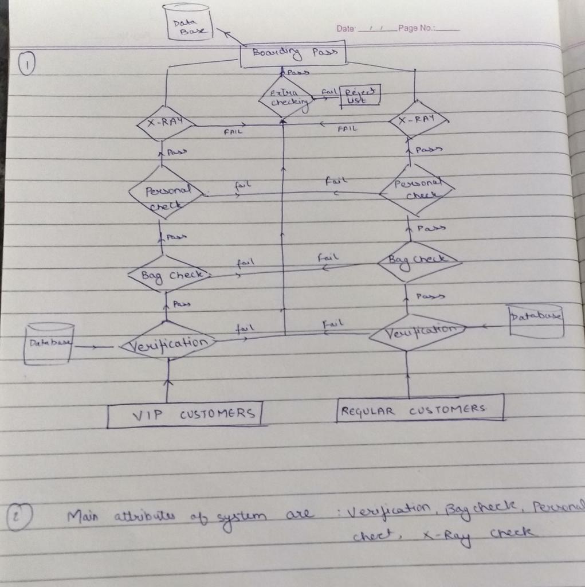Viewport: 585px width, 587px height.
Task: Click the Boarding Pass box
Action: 293,53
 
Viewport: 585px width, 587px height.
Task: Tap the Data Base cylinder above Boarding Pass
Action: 188,22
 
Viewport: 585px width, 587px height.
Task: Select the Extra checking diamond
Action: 285,98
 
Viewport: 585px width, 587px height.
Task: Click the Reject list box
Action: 360,95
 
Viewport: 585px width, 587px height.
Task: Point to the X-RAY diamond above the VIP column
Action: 165,123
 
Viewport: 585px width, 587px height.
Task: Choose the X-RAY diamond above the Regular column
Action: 418,120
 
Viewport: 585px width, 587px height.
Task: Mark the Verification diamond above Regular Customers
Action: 417,332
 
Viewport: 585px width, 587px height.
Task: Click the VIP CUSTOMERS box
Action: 185,414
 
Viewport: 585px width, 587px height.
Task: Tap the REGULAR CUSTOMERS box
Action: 420,409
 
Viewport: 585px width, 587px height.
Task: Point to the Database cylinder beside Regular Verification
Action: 536,320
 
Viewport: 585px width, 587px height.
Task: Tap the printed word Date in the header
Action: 345,28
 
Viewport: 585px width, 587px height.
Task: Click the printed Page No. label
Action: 418,28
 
